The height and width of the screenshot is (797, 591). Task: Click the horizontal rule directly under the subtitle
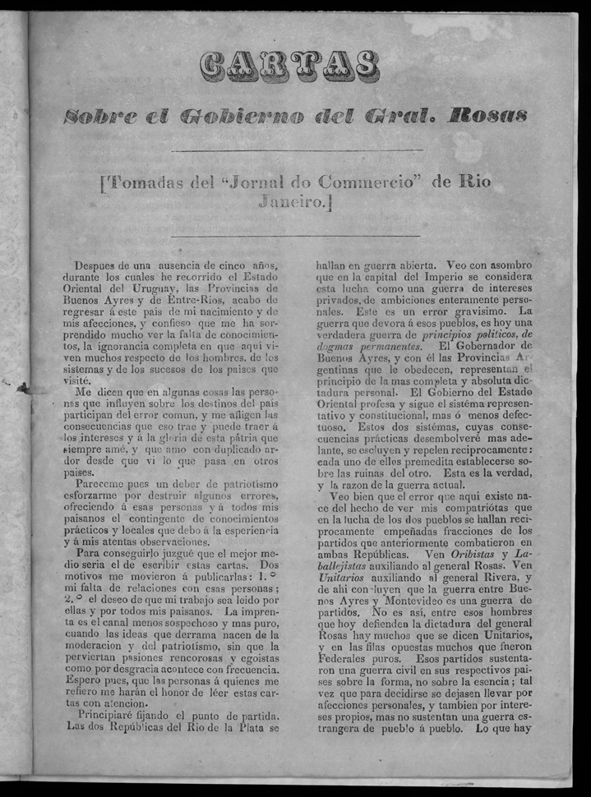coord(296,150)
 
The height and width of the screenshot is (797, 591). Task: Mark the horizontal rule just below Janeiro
coord(296,237)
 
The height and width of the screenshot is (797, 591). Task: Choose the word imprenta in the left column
coord(255,612)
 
